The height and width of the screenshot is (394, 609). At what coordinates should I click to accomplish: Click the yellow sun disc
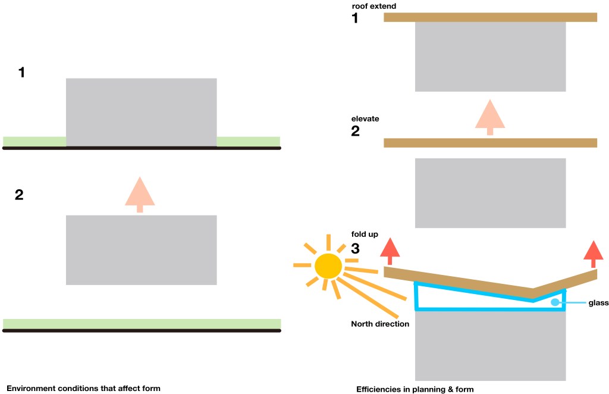327,266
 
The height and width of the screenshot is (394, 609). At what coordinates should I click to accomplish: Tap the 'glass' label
598,303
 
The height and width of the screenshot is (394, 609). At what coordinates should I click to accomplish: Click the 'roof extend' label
373,7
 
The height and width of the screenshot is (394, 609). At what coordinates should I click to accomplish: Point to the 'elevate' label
365,119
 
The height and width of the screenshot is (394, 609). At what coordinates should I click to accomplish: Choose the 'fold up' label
365,234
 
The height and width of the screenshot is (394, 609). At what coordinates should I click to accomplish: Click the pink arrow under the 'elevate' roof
490,116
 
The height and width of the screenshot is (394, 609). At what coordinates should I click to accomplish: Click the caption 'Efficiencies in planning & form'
415,389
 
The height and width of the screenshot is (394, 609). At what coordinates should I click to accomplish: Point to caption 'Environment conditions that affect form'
83,389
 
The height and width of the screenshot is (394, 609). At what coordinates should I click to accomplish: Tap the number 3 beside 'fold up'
355,249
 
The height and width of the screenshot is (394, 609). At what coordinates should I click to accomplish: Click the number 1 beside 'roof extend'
355,18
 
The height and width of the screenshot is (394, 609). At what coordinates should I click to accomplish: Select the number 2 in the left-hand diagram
19,195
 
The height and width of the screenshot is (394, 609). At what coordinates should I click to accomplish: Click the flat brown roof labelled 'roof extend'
490,17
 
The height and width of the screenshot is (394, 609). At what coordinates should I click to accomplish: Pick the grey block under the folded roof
490,346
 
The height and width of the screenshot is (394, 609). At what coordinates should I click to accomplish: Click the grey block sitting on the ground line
141,112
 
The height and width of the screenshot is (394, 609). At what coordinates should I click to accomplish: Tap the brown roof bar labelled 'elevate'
490,143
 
